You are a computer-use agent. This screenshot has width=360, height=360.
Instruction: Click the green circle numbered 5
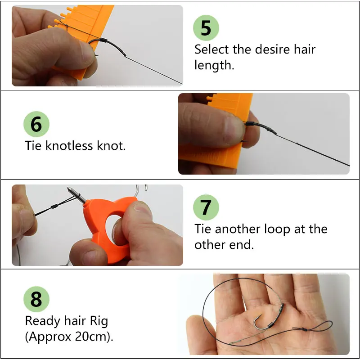pyautogui.click(x=206, y=28)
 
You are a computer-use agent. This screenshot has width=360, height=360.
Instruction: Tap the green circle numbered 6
pyautogui.click(x=36, y=124)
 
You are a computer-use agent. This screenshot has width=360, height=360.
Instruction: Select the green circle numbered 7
pyautogui.click(x=206, y=207)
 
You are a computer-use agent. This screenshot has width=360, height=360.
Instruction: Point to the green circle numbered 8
pyautogui.click(x=36, y=299)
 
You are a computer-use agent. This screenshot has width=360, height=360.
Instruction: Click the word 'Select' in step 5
pyautogui.click(x=211, y=49)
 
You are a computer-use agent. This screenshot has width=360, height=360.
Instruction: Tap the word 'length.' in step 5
pyautogui.click(x=214, y=65)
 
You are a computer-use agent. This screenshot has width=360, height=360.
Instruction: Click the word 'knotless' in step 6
pyautogui.click(x=69, y=145)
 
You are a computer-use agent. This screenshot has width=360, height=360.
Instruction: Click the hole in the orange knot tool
pyautogui.click(x=114, y=227)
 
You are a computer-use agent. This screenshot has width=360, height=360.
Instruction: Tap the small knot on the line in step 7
pyautogui.click(x=54, y=206)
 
